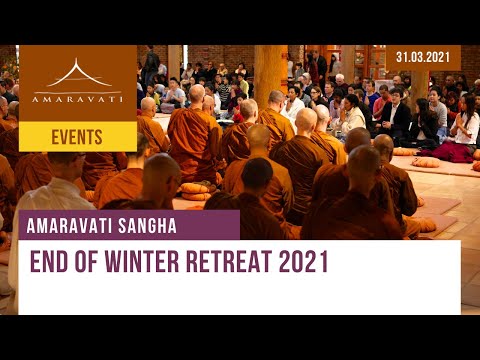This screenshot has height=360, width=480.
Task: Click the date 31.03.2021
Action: click(423, 57)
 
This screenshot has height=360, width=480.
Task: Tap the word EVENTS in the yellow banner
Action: click(77, 137)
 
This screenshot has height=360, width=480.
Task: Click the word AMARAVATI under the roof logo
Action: click(77, 100)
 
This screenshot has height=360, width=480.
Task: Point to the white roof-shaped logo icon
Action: click(77, 75)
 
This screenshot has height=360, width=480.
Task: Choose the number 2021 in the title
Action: click(304, 263)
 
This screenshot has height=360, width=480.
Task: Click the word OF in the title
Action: click(91, 263)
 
